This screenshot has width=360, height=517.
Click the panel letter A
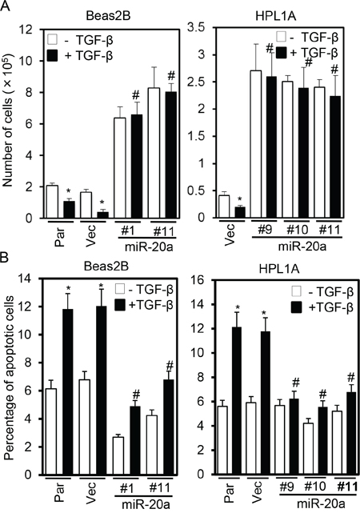(x=6, y=6)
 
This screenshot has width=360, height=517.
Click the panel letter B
(x=5, y=258)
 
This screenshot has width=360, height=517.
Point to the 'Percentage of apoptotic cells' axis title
(x=9, y=378)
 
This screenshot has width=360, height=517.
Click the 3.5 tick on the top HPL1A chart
(x=197, y=28)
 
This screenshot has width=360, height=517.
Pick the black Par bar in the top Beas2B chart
(x=70, y=210)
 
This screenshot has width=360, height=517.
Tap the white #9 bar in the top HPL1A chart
(x=256, y=144)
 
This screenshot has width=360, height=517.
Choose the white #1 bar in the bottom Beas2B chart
(x=118, y=455)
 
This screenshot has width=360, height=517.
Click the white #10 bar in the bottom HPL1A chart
(x=308, y=449)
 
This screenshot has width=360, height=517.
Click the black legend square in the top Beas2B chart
(x=52, y=56)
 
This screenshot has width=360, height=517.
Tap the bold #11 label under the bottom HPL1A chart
(x=346, y=487)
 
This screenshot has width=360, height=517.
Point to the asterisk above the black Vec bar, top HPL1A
(x=240, y=198)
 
